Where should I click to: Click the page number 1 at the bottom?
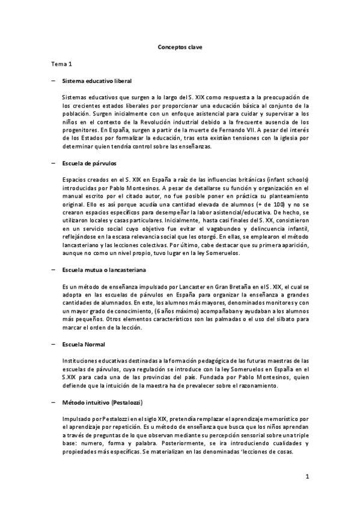(307, 477)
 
